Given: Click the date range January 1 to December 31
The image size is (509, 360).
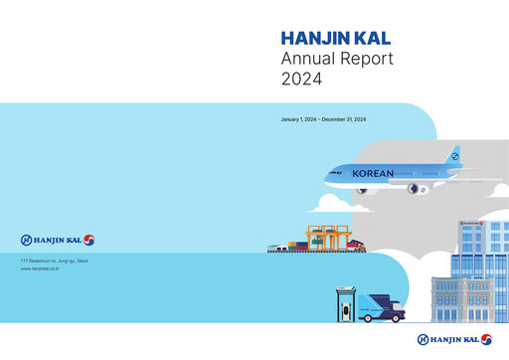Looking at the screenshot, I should coord(325,119).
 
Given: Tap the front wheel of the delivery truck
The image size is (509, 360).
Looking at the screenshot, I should coord(398,317).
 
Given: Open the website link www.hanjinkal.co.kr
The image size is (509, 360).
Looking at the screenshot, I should coord(40,269).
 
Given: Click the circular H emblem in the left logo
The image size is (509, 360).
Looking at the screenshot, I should coord(26,240).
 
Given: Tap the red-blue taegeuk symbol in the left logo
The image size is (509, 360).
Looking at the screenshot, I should coord(88,240).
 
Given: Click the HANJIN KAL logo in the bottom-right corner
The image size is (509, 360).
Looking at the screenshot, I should coord(453,339).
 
